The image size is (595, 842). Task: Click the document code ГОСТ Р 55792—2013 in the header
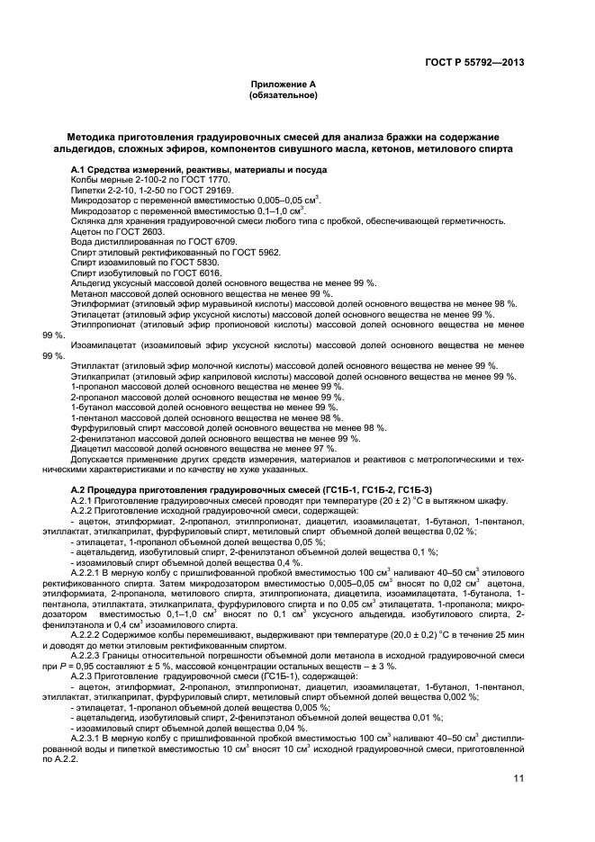click(473, 62)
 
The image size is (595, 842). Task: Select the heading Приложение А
click(284, 85)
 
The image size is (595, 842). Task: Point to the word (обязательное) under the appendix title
click(284, 94)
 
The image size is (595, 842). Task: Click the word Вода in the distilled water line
click(81, 241)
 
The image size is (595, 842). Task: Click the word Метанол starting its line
click(88, 292)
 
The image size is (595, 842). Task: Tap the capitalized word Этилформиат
click(97, 303)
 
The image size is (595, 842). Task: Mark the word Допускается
click(96, 459)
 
